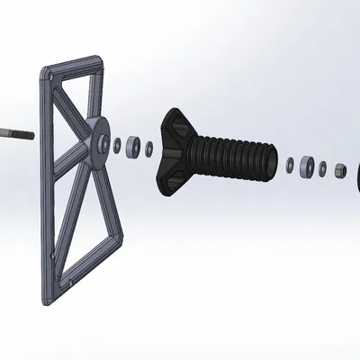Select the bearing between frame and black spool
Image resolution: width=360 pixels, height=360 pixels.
point(132,145)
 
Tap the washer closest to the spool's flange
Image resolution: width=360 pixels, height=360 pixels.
point(149,147)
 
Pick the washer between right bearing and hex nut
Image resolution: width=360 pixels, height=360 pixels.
point(322,168)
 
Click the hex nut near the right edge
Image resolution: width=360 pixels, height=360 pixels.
point(337,170)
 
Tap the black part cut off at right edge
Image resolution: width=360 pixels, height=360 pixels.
point(356,175)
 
